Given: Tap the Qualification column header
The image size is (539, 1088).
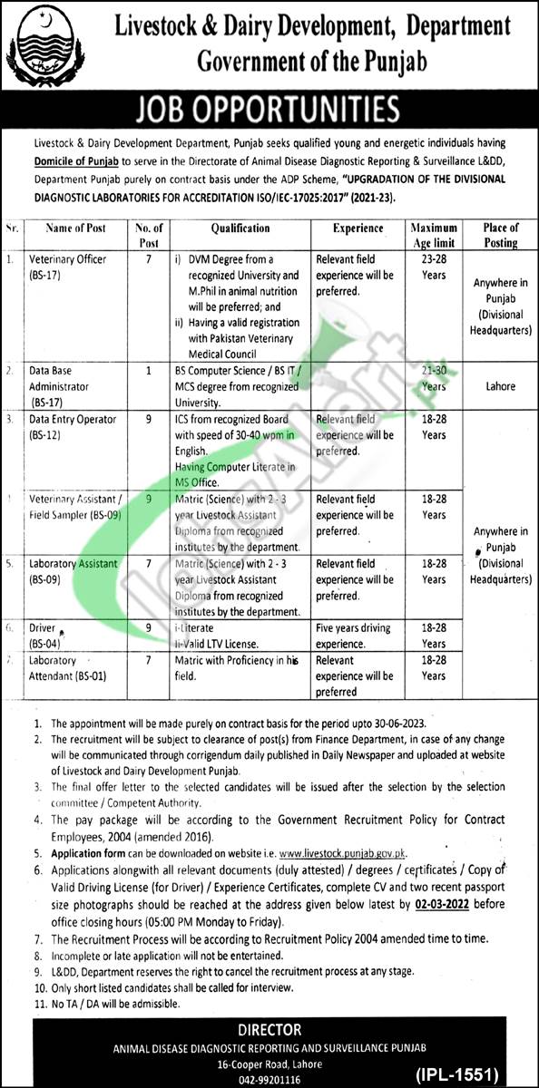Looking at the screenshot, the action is (240, 229).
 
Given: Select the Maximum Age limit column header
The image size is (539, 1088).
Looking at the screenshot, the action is (434, 236).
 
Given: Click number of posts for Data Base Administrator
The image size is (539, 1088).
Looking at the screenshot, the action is (148, 372).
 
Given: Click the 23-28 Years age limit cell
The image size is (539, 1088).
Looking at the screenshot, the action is (434, 267).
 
